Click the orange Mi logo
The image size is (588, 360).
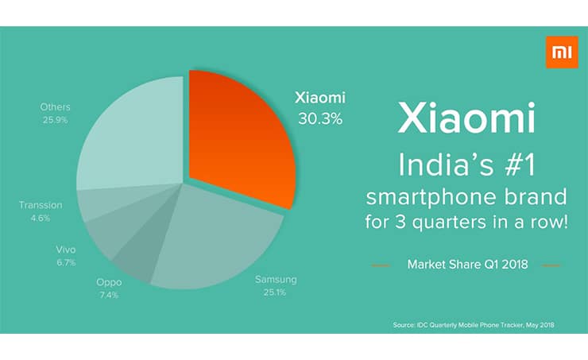click(x=562, y=52)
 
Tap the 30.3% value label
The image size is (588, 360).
click(x=320, y=119)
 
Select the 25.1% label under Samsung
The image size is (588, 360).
click(x=274, y=292)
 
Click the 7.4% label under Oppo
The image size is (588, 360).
click(x=109, y=295)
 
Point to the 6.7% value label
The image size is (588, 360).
click(x=66, y=262)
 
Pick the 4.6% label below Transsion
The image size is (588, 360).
click(x=40, y=218)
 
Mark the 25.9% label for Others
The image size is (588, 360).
click(x=55, y=120)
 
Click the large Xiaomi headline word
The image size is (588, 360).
click(x=466, y=118)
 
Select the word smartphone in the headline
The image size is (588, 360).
click(x=432, y=198)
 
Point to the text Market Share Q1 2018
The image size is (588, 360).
click(x=467, y=265)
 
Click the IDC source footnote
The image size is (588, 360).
click(x=474, y=325)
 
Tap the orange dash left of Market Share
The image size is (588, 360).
click(x=381, y=265)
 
